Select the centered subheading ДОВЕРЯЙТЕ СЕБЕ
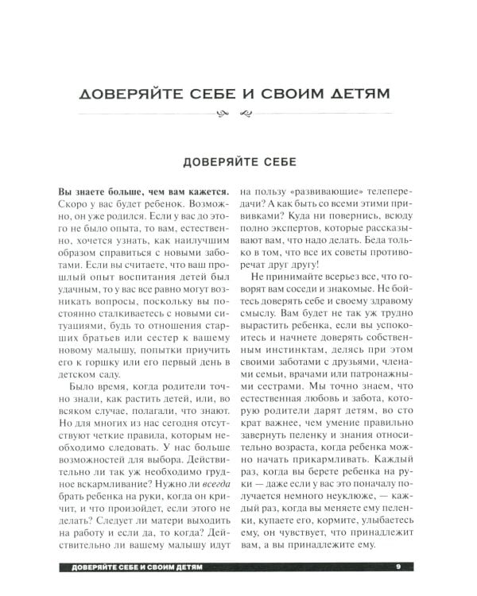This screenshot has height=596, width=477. pos(238,161)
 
